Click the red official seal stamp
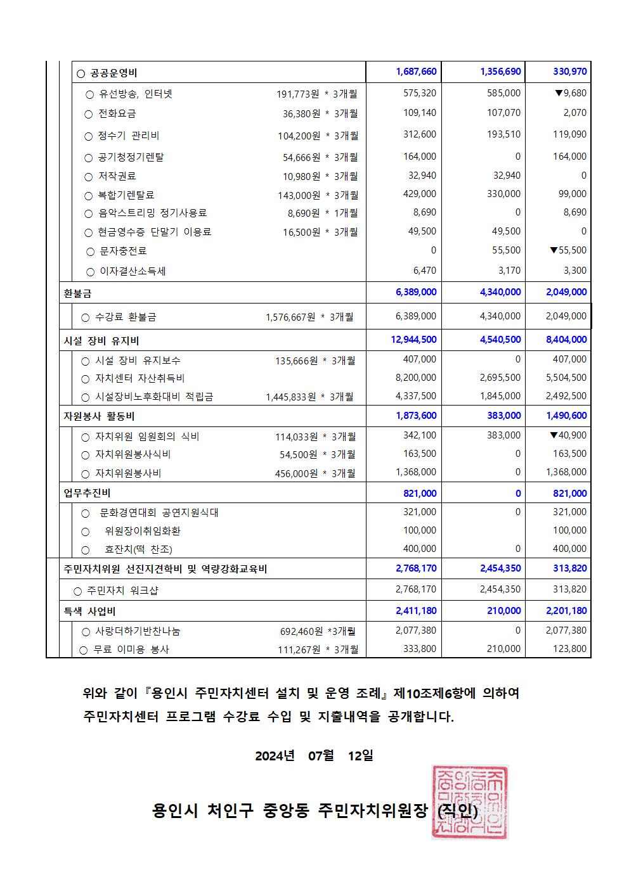pos(469,802)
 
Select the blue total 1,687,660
pos(416,72)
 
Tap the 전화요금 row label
pos(117,114)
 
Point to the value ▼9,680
pos(570,93)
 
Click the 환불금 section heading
pos(77,293)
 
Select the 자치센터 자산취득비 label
pos(139,378)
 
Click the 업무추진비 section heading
pos(88,493)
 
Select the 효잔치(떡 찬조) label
pos(138,549)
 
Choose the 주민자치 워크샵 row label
pos(122,591)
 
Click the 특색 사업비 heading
pos(89,611)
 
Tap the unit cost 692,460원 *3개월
pos(318,631)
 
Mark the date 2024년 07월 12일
pos(314,755)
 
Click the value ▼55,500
pos(568,250)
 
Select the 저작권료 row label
pos(117,176)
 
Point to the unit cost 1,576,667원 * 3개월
pos(309,317)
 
